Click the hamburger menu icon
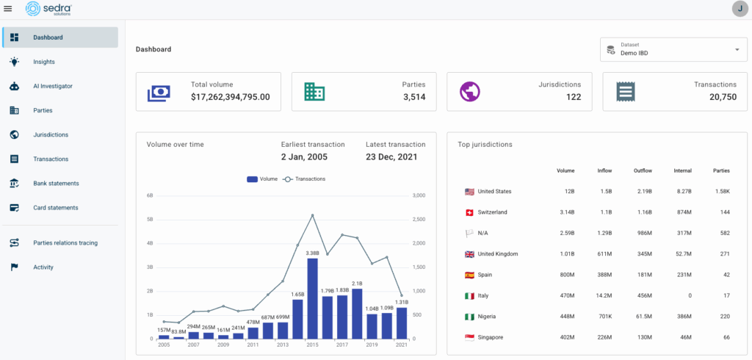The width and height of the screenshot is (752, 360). click(x=8, y=9)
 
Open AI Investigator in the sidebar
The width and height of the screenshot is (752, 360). click(x=53, y=86)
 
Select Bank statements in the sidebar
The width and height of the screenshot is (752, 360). click(x=56, y=183)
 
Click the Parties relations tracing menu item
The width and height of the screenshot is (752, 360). click(x=65, y=242)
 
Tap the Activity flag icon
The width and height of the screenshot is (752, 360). click(x=14, y=267)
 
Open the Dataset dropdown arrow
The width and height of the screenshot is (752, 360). click(x=737, y=50)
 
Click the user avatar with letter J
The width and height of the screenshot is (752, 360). click(x=740, y=9)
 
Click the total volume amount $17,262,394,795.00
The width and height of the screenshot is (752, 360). click(x=231, y=97)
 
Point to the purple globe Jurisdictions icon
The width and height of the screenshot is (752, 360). click(x=470, y=92)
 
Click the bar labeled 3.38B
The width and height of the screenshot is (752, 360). click(x=312, y=298)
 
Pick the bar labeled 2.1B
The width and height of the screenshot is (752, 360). click(x=357, y=313)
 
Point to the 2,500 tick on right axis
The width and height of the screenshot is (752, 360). click(x=419, y=220)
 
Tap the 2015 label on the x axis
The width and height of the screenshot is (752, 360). click(x=312, y=345)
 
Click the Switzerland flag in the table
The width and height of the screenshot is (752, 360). click(x=469, y=212)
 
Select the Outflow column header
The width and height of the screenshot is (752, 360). click(x=642, y=170)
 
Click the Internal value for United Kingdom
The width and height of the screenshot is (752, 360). click(x=682, y=254)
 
